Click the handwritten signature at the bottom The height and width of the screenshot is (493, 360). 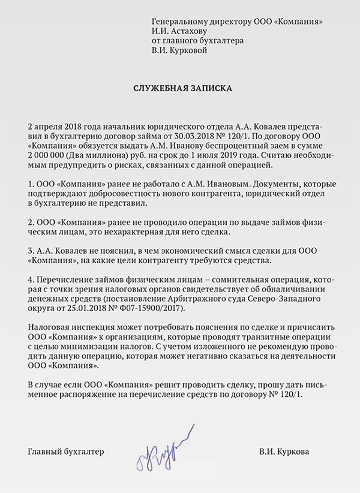point(164,446)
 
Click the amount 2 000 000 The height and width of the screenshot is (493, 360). point(49,154)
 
